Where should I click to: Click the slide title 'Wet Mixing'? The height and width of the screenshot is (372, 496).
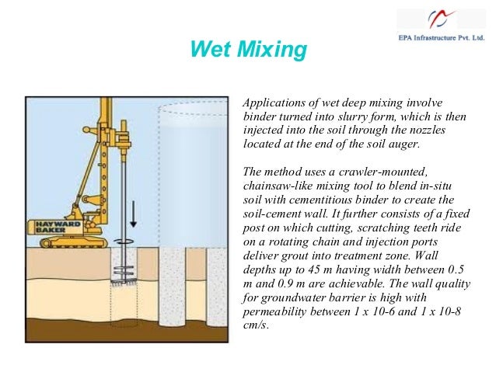[x=248, y=52]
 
